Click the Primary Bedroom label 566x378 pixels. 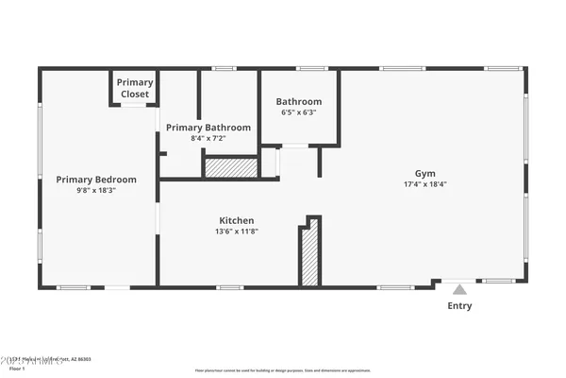point(96,180)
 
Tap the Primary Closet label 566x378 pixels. point(135,88)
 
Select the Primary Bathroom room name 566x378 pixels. point(208,128)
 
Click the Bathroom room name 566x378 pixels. point(299,102)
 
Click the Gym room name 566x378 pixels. point(425,173)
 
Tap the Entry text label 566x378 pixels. point(459,306)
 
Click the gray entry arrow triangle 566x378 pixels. point(459,290)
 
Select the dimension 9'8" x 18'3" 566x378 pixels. point(96,190)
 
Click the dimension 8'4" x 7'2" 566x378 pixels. point(208,138)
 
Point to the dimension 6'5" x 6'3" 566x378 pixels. point(299,112)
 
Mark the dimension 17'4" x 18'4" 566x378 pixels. point(425,183)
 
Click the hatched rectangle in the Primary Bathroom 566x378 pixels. point(231,167)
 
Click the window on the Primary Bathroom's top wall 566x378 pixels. point(224,68)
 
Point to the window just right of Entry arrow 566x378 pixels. point(499,281)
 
